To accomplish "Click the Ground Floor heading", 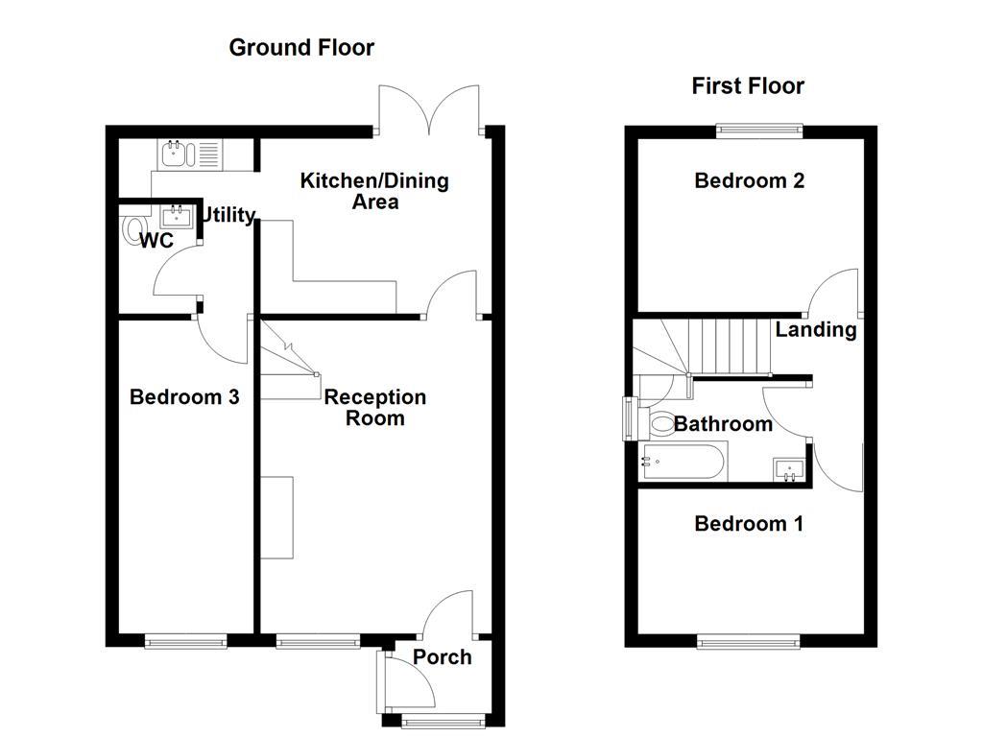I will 301,47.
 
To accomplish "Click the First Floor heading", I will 748,86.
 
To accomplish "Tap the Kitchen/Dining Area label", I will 374,191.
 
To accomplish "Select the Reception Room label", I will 374,408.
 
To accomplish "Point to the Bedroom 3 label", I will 184,397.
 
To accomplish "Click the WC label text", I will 156,241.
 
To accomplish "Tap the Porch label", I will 443,657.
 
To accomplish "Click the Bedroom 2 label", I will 750,180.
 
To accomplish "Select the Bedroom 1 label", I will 749,524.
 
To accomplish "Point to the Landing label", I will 816,330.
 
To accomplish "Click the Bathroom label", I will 723,424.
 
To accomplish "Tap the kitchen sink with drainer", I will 189,154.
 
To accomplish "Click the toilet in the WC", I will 132,230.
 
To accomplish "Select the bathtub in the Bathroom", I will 683,463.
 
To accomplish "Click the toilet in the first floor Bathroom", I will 660,422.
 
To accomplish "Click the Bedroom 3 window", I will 186,639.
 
